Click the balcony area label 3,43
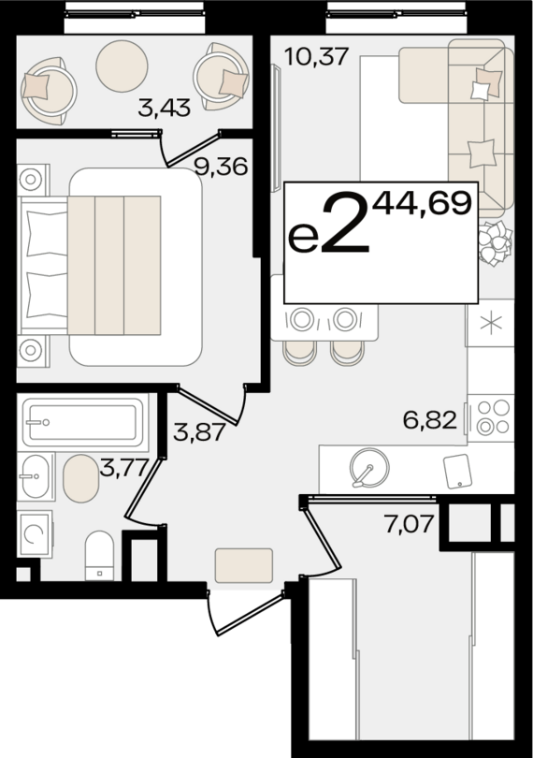tap(164, 108)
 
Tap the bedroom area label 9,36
tap(219, 168)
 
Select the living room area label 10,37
tap(317, 57)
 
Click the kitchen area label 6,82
tap(431, 420)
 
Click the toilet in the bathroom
tap(98, 555)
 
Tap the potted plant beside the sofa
tap(493, 245)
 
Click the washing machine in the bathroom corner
tap(34, 534)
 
